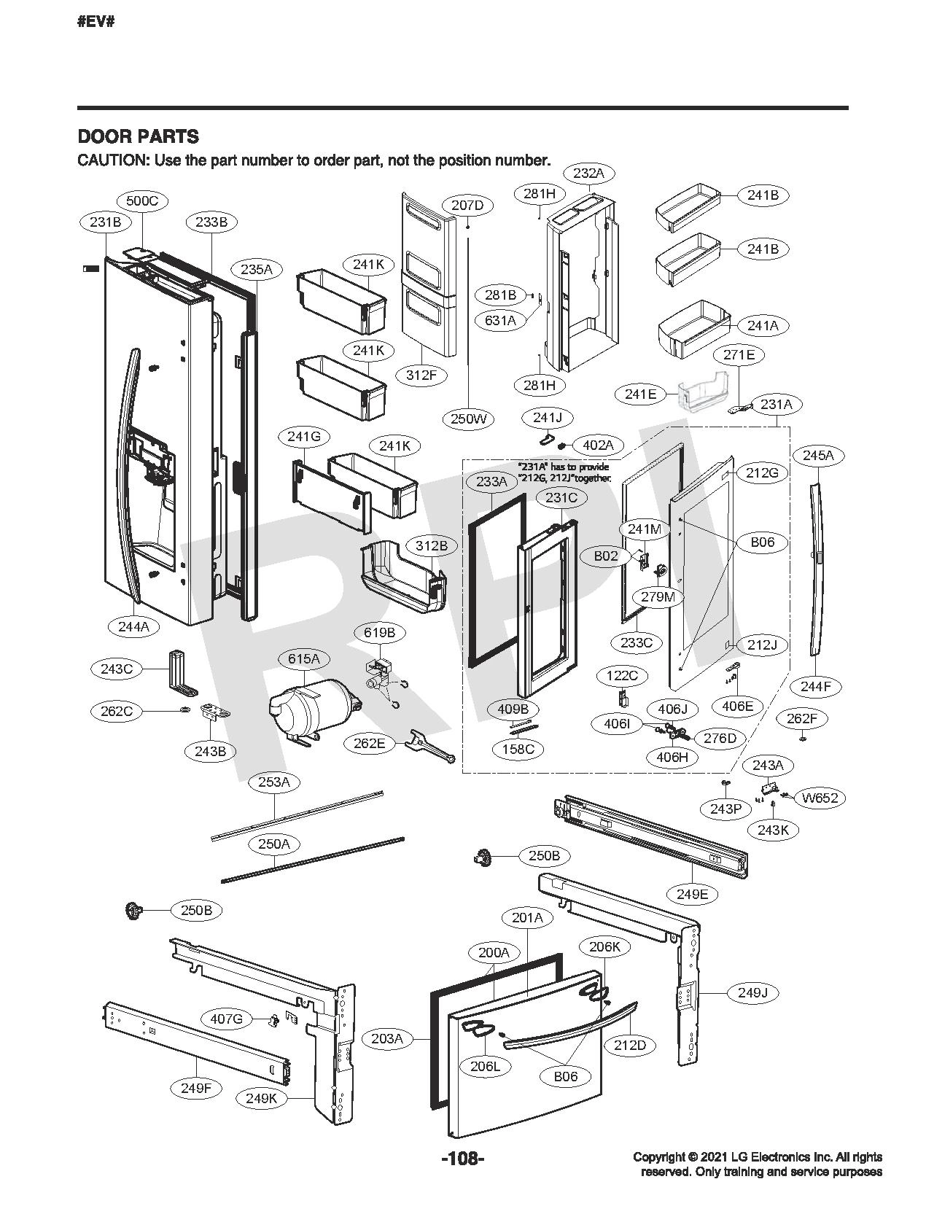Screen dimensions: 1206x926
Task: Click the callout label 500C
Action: pyautogui.click(x=143, y=201)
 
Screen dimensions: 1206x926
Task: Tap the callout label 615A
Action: pyautogui.click(x=304, y=659)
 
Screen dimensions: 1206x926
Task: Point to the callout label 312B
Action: pyautogui.click(x=432, y=545)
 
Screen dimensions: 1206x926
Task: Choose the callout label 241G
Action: pyautogui.click(x=304, y=437)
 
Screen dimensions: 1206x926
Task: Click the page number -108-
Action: pyautogui.click(x=463, y=1157)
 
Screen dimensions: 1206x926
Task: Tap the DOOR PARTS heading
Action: pyautogui.click(x=138, y=136)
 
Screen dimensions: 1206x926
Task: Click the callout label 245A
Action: pyautogui.click(x=818, y=456)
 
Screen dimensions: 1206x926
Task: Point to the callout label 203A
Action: pyautogui.click(x=387, y=1038)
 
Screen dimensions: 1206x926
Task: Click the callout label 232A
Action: pyautogui.click(x=588, y=174)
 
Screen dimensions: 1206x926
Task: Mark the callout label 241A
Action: pyautogui.click(x=763, y=326)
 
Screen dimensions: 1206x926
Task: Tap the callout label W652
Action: pyautogui.click(x=820, y=798)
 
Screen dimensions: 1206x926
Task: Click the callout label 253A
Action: pyautogui.click(x=274, y=782)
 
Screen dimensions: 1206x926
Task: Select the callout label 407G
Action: pyautogui.click(x=226, y=1019)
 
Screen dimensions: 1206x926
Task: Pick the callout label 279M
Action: pyautogui.click(x=658, y=597)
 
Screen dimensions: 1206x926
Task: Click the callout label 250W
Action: pyautogui.click(x=467, y=419)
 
